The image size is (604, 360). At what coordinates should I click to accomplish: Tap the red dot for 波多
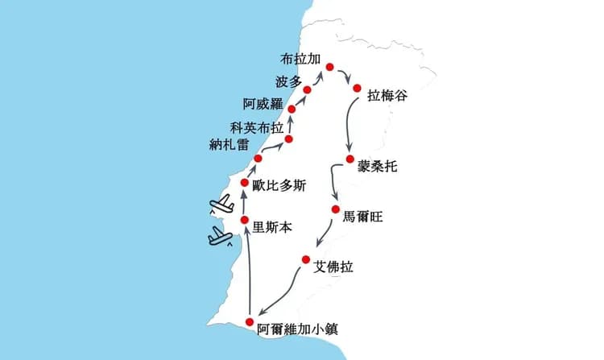coord(308,89)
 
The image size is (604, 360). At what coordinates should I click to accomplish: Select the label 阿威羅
coord(263,104)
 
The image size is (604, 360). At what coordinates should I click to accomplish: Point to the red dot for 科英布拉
coord(288,139)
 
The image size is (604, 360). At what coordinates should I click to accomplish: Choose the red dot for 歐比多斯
coord(245,183)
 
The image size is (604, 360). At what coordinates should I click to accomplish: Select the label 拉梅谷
coord(387,95)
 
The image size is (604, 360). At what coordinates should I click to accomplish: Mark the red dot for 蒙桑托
coord(350,159)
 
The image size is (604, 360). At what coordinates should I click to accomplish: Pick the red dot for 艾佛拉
coord(306,259)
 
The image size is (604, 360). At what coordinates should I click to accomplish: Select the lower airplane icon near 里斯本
coord(220,236)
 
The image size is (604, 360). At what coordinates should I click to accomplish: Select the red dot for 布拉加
coord(329,66)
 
